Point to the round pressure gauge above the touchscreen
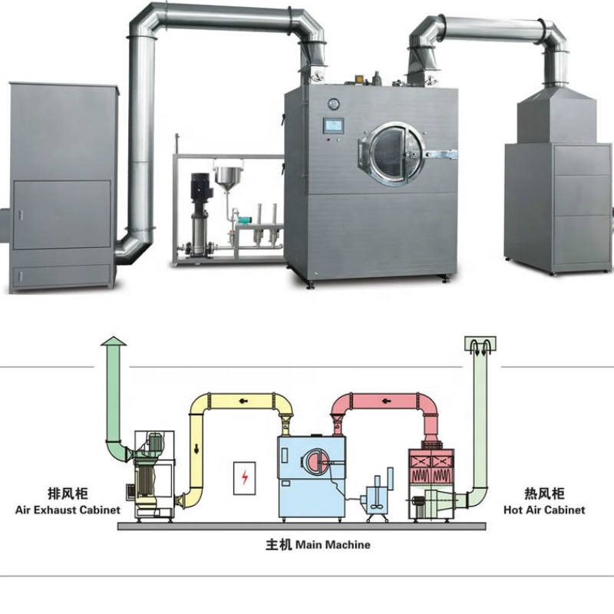click(x=334, y=104)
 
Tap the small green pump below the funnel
click(x=245, y=220)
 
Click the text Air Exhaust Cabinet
click(x=68, y=510)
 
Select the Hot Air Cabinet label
click(x=544, y=510)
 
